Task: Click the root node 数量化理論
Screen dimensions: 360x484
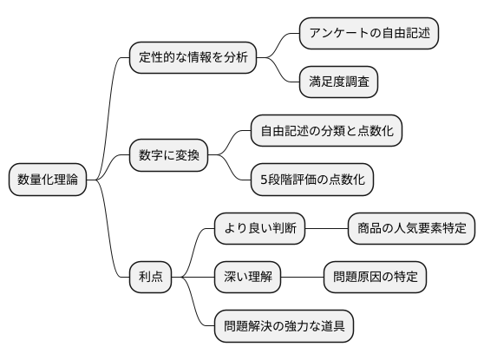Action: [x=48, y=180]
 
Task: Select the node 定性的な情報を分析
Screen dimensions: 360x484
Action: [x=193, y=58]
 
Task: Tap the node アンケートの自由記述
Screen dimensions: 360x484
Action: [x=369, y=34]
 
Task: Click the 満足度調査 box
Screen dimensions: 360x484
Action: [x=338, y=82]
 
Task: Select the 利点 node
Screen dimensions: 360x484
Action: [x=150, y=278]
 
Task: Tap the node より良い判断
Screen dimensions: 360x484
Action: [x=260, y=229]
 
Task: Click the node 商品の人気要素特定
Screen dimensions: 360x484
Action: [x=411, y=229]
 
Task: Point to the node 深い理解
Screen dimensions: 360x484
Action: [x=248, y=278]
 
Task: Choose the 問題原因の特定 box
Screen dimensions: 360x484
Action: [x=375, y=278]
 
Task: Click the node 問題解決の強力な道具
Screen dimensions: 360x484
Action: [x=285, y=326]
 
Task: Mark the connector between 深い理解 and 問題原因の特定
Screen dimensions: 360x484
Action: [x=302, y=278]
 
